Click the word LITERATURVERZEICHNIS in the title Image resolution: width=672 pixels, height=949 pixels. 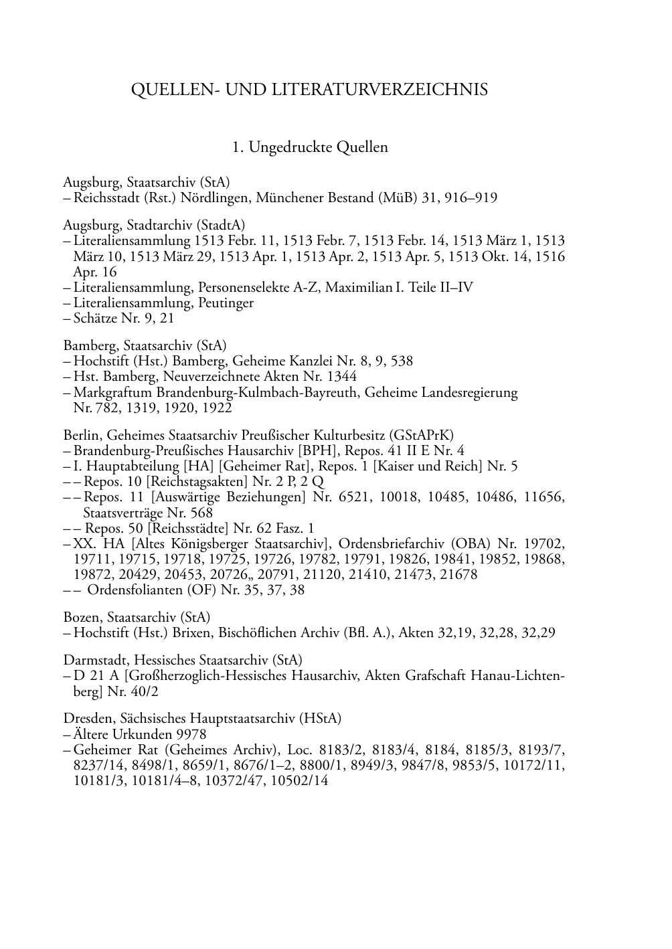380,90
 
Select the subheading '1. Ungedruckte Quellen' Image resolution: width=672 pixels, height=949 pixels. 310,147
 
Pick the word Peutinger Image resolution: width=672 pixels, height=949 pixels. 226,303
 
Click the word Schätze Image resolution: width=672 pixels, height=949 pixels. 96,319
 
